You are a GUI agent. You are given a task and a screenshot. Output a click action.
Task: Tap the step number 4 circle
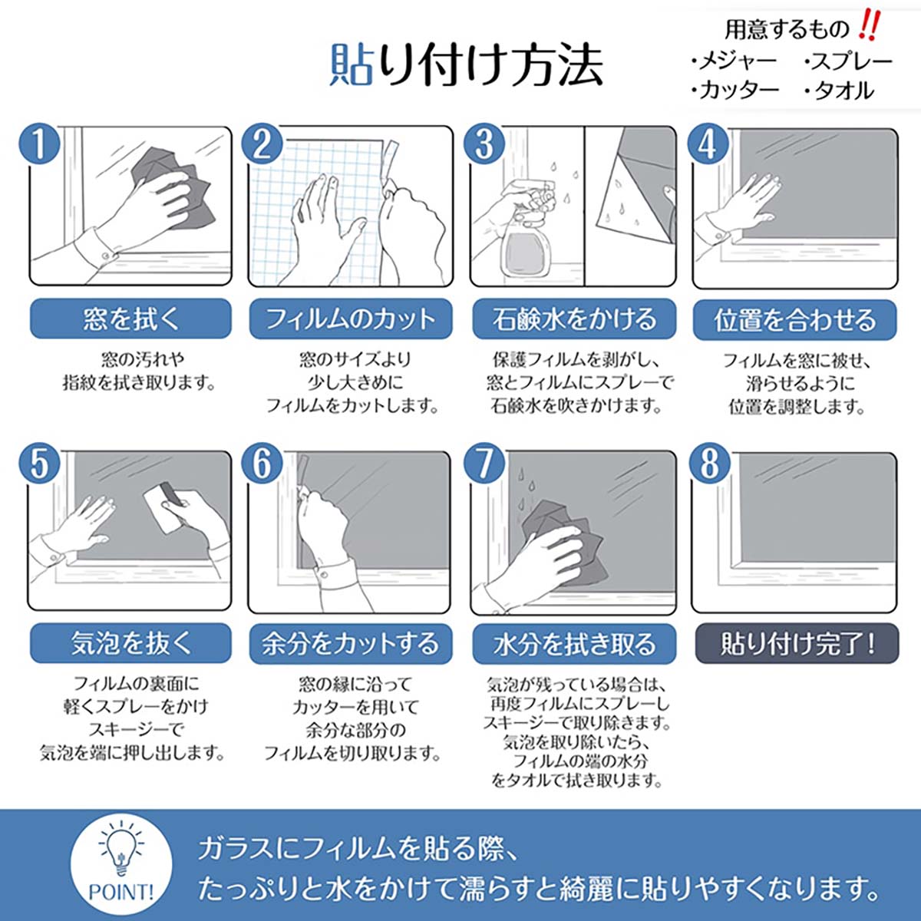click(707, 144)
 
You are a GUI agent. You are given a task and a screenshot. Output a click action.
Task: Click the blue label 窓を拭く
click(130, 319)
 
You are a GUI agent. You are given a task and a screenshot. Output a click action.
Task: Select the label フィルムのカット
click(350, 319)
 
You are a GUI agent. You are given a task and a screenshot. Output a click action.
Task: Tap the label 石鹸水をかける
click(574, 319)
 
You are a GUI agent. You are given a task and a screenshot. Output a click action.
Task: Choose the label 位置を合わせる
click(794, 319)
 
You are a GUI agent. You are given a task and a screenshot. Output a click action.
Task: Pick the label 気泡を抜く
click(130, 643)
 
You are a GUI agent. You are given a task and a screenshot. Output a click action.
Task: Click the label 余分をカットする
click(350, 643)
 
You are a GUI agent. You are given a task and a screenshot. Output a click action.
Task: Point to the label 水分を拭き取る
click(574, 643)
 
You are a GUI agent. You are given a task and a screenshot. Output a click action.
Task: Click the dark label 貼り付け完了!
click(796, 643)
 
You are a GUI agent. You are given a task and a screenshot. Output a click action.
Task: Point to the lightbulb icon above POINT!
click(121, 850)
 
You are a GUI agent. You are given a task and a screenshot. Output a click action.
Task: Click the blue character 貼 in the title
click(352, 64)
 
